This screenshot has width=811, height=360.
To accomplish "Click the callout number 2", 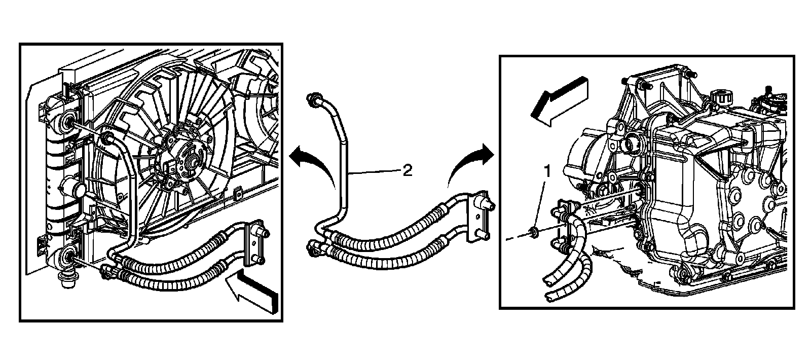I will click(x=407, y=171).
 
